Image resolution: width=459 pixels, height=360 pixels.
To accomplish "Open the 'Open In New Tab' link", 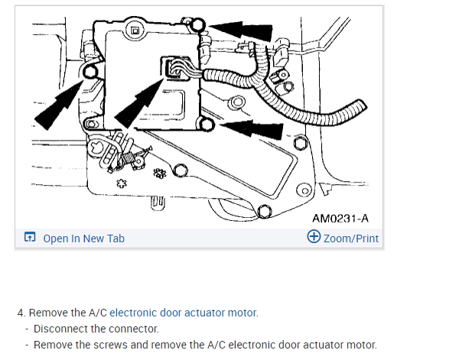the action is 83,238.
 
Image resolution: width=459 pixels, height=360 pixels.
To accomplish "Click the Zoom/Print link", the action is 350,238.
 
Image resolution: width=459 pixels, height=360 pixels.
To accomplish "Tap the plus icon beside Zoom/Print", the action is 313,237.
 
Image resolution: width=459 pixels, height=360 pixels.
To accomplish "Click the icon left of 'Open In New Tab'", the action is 29,238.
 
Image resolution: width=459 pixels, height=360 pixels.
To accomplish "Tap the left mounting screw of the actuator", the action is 90,71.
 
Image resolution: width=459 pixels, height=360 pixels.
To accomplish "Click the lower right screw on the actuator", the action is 205,122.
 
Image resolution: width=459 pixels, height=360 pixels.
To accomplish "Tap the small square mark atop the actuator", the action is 135,31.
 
